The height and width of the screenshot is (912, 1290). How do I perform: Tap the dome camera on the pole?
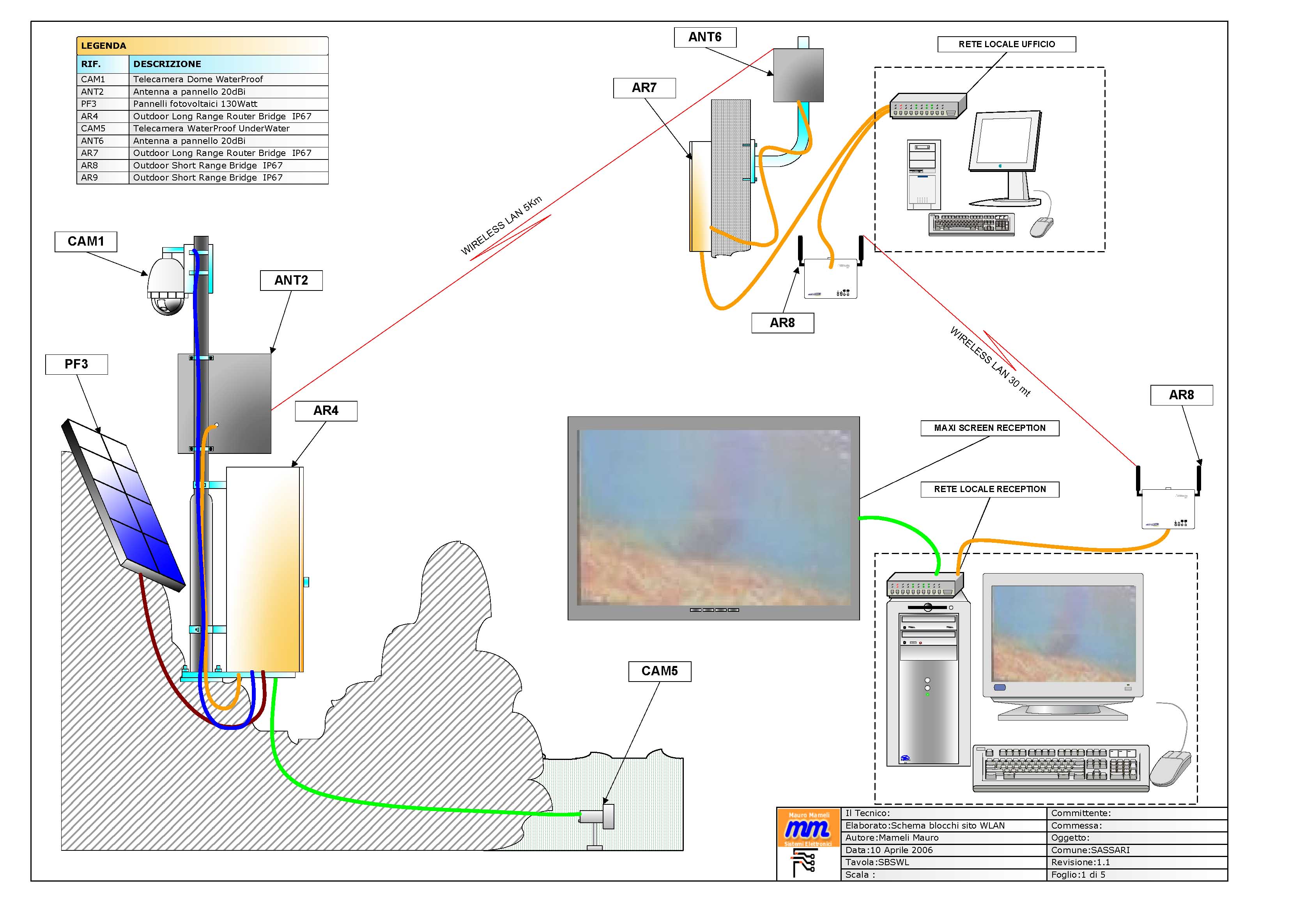pyautogui.click(x=166, y=284)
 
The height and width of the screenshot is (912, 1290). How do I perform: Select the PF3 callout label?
pyautogui.click(x=76, y=364)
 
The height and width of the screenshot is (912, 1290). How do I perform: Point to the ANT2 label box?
pyautogui.click(x=291, y=280)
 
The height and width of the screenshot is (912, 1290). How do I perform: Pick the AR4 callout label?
pyautogui.click(x=326, y=411)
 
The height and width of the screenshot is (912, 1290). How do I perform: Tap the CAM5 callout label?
pyautogui.click(x=660, y=671)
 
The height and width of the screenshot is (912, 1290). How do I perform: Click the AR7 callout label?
pyautogui.click(x=644, y=88)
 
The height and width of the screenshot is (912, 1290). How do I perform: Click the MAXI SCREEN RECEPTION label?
pyautogui.click(x=989, y=428)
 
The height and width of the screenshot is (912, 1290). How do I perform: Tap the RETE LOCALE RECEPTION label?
pyautogui.click(x=989, y=489)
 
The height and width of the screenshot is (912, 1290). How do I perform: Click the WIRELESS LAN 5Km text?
pyautogui.click(x=501, y=226)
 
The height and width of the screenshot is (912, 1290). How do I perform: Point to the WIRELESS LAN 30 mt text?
pyautogui.click(x=990, y=363)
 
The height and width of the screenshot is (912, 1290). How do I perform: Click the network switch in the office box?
pyautogui.click(x=927, y=106)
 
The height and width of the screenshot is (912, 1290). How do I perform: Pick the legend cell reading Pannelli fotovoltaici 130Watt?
pyautogui.click(x=195, y=104)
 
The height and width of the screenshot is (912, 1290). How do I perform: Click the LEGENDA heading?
pyautogui.click(x=104, y=46)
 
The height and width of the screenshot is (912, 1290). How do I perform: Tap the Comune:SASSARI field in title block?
pyautogui.click(x=1090, y=850)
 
